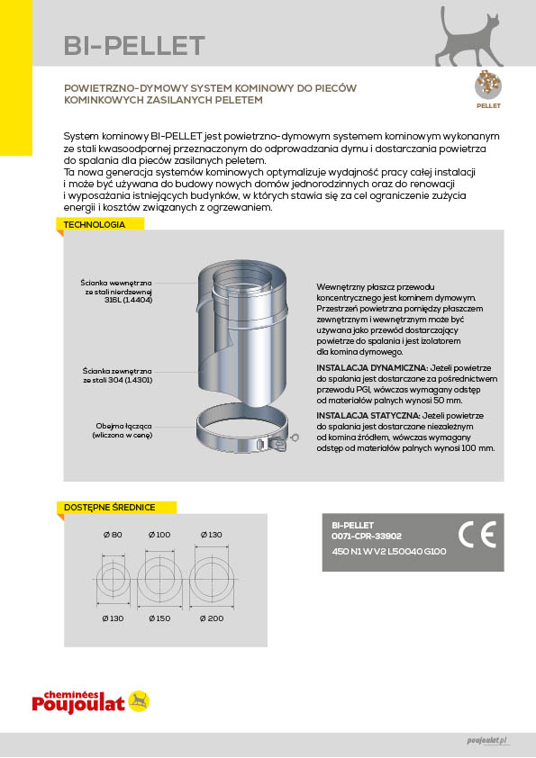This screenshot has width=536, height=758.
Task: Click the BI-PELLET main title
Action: (x=134, y=46)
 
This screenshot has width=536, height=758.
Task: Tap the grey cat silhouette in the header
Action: (x=468, y=38)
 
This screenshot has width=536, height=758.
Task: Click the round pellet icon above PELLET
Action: (x=488, y=86)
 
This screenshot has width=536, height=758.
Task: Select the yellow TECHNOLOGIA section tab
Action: (x=101, y=224)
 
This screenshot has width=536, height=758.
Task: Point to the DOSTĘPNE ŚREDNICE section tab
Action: (x=116, y=507)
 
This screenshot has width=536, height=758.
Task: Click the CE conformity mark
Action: (x=477, y=535)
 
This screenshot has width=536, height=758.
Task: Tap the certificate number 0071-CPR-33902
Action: (x=367, y=537)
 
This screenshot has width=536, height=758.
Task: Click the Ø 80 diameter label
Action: (x=113, y=535)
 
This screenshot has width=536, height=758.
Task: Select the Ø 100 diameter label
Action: (x=159, y=535)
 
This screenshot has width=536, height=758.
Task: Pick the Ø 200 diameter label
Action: (x=212, y=618)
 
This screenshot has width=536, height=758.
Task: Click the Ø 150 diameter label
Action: (x=159, y=618)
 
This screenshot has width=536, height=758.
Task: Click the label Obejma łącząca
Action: (x=123, y=426)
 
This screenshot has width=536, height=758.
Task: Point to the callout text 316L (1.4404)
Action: (x=128, y=300)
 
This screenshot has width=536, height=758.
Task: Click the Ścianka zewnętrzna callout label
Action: (x=117, y=371)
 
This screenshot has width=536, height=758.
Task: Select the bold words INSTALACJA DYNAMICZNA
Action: (x=372, y=368)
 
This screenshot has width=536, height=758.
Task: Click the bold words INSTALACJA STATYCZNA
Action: (x=368, y=416)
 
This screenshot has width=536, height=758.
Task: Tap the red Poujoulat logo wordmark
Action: (x=78, y=702)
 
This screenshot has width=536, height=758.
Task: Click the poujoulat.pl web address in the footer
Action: (x=487, y=741)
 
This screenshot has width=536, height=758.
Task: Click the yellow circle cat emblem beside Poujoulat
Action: (x=139, y=701)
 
